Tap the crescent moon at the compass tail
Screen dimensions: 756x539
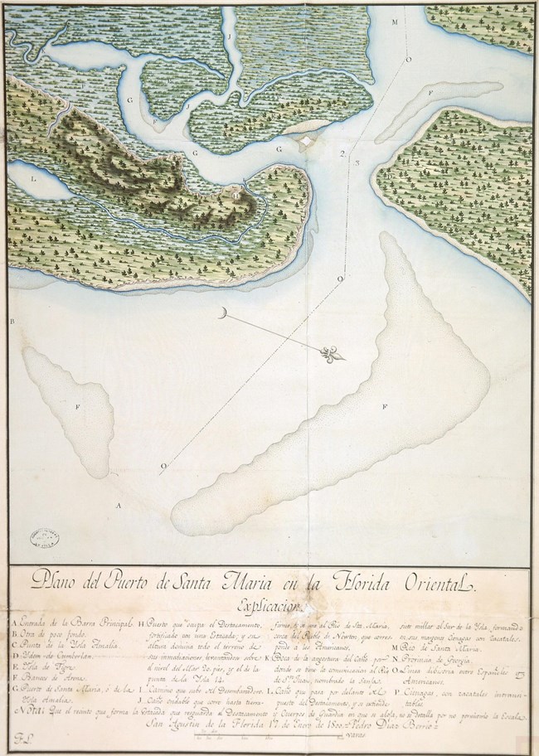pyautogui.click(x=224, y=313)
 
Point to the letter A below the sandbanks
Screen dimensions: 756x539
pyautogui.click(x=119, y=503)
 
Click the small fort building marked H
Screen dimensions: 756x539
pyautogui.click(x=238, y=196)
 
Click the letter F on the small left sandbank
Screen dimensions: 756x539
pyautogui.click(x=77, y=407)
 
